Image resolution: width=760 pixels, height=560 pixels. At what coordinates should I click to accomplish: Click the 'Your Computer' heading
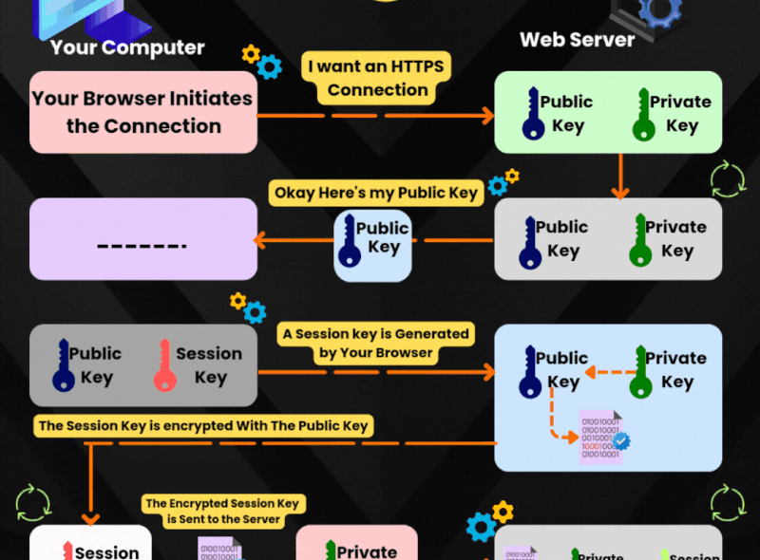tap(127, 47)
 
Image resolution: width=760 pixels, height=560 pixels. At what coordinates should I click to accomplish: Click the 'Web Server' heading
tap(577, 40)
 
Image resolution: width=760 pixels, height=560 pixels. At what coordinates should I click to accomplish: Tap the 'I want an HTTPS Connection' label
tap(377, 79)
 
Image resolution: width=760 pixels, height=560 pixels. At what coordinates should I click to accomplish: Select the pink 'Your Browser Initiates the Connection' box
tap(142, 112)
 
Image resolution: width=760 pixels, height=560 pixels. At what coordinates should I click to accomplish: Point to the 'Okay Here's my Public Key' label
tap(376, 193)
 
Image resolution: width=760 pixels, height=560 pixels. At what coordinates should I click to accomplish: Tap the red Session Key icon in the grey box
tap(163, 366)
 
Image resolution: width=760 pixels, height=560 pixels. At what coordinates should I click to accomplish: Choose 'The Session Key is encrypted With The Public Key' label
tap(203, 426)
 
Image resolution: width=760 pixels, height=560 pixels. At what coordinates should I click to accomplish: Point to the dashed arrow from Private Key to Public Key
tap(605, 372)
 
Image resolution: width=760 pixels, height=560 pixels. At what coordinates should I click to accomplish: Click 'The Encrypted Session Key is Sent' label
tap(212, 511)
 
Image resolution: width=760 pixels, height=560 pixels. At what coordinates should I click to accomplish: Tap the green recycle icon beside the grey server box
tap(726, 179)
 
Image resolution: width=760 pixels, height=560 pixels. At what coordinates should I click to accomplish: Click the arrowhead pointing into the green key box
tap(486, 116)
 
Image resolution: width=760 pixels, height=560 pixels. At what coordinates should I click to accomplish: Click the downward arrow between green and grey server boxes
tap(619, 176)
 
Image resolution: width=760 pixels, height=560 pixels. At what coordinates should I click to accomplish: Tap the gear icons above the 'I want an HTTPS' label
tap(261, 61)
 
